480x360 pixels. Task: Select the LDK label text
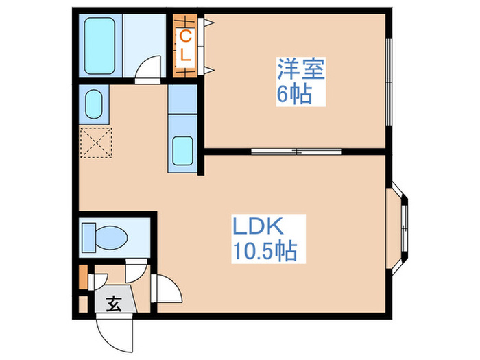coord(257,226)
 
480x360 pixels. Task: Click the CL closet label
coord(186,45)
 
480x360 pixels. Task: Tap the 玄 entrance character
coord(115,305)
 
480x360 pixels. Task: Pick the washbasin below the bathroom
coord(94,104)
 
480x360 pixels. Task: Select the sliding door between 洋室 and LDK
coord(296,149)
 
